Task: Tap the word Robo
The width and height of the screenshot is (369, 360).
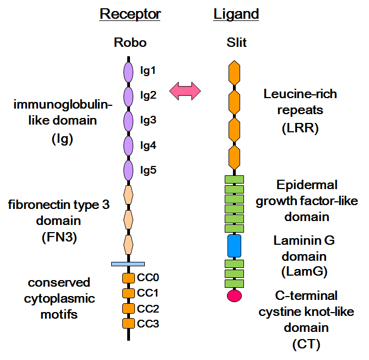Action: click(x=130, y=42)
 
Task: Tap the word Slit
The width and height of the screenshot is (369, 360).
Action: click(x=236, y=42)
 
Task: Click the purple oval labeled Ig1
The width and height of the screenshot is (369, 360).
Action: click(x=128, y=72)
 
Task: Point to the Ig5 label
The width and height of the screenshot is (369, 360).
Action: click(x=148, y=170)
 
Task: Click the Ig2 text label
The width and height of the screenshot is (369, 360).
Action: click(x=148, y=95)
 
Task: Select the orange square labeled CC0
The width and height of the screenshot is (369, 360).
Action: click(x=128, y=278)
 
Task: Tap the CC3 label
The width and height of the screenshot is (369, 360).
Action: click(x=148, y=324)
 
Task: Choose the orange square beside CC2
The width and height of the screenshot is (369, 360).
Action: click(x=128, y=308)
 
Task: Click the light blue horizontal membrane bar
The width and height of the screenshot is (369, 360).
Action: click(x=128, y=264)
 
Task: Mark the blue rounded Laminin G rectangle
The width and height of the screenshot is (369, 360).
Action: click(x=235, y=245)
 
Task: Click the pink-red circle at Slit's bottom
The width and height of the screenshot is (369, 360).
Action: click(x=235, y=295)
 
